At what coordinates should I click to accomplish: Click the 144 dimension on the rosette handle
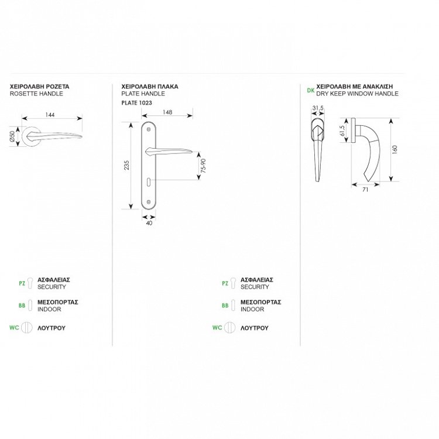click(x=50, y=115)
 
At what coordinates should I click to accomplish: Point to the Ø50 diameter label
click(x=12, y=136)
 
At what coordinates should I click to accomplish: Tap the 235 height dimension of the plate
click(x=126, y=165)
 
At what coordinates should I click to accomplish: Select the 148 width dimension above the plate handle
click(x=167, y=112)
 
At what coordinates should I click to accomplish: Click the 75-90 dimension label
click(x=203, y=166)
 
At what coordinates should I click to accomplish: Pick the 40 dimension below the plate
click(x=149, y=223)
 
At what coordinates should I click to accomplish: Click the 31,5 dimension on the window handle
click(x=318, y=108)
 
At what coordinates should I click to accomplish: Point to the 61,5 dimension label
click(x=342, y=131)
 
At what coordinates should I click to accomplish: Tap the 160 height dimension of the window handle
click(x=395, y=149)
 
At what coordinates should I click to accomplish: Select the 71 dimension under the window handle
click(x=365, y=190)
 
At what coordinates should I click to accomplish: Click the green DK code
click(x=310, y=90)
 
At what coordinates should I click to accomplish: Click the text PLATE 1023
click(x=136, y=103)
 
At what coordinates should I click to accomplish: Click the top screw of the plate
click(x=149, y=129)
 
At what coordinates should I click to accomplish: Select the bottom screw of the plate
click(x=149, y=201)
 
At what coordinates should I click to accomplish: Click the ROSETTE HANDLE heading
click(x=36, y=94)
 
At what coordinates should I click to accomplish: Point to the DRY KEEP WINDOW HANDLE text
click(x=357, y=94)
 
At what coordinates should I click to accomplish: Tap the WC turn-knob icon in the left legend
click(x=26, y=327)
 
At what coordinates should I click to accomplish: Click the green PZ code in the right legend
click(x=225, y=283)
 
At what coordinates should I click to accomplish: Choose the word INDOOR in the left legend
click(x=49, y=310)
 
